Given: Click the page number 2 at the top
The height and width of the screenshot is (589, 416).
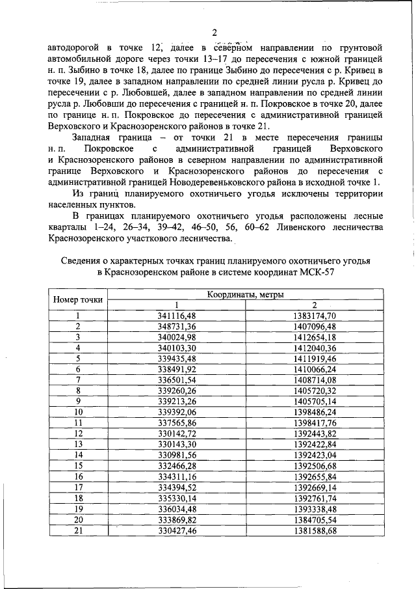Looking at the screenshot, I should coord(213,33).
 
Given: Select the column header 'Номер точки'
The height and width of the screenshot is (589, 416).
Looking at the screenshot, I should coord(77,300).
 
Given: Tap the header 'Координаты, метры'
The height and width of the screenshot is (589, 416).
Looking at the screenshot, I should coord(246,295).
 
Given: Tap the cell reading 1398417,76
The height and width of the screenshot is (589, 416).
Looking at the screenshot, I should coord(315,421).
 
